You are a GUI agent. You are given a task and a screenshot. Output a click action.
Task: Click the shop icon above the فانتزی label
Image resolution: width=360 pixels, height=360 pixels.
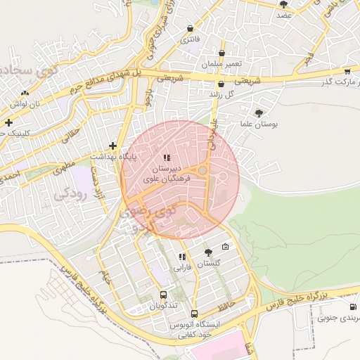(x=191, y=28)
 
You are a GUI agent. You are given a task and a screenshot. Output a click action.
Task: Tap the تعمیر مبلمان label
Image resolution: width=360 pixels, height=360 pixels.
(x=222, y=64)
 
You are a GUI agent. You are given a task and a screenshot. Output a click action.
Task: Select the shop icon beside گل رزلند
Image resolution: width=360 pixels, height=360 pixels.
(x=221, y=84)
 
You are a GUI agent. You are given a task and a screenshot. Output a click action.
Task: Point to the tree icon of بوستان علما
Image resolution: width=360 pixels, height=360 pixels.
(x=260, y=112)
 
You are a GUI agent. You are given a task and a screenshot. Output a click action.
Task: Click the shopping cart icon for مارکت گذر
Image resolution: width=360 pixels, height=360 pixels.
(x=347, y=72)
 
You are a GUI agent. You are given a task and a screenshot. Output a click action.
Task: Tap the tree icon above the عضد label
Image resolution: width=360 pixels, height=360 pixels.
(x=283, y=4)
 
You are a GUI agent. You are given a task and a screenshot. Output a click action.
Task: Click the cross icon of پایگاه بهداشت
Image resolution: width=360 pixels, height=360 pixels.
(x=112, y=146)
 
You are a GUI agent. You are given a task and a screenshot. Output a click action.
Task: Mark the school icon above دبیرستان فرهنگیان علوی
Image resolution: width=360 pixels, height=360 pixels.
(x=167, y=157)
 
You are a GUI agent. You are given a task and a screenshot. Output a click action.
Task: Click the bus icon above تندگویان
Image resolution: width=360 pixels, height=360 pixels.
(x=163, y=295)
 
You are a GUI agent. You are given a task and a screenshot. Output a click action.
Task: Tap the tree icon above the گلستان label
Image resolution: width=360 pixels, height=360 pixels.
(x=207, y=252)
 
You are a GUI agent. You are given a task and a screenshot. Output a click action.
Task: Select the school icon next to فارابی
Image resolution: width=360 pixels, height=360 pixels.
(x=183, y=257)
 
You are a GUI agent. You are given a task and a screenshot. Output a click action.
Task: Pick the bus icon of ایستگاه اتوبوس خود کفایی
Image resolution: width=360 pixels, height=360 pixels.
(x=195, y=314)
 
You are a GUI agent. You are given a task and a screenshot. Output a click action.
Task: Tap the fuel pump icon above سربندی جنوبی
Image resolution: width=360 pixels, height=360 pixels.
(x=352, y=307)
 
